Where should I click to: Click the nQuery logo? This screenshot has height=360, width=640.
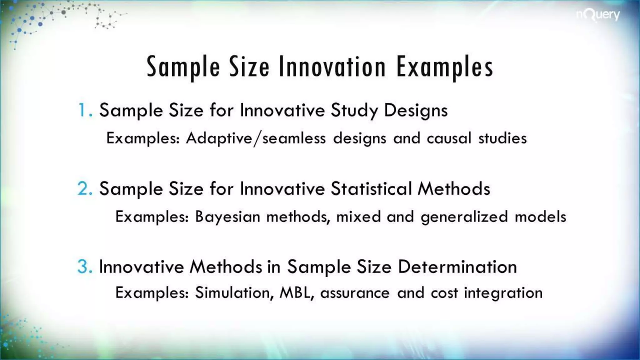[598, 15]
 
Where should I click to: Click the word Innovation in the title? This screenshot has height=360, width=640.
[332, 67]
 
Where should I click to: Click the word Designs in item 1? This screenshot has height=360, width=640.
[416, 110]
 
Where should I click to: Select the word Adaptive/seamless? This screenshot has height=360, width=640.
[256, 138]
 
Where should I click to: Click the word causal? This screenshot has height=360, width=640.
[449, 138]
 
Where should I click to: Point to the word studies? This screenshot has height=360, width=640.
[502, 138]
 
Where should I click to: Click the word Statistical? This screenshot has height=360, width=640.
[371, 189]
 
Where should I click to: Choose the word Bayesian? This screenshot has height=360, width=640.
[227, 217]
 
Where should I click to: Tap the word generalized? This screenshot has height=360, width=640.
[464, 217]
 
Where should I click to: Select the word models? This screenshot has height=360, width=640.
[540, 217]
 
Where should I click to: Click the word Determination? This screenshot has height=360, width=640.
[457, 267]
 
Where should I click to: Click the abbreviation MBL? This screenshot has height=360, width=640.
[296, 293]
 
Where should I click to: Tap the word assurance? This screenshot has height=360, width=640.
[355, 293]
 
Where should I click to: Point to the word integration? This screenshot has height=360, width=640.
[503, 293]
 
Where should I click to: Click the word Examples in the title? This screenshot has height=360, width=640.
[445, 67]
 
